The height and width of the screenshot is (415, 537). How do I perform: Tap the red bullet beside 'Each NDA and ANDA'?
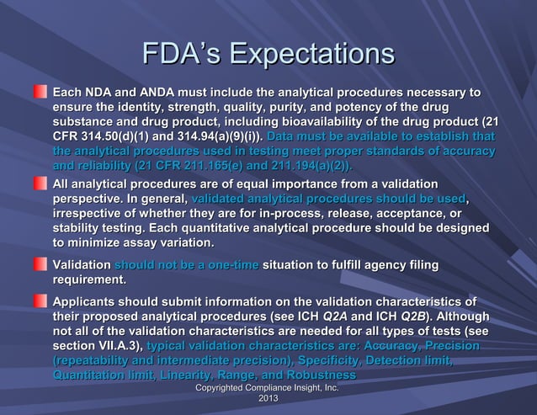(40, 91)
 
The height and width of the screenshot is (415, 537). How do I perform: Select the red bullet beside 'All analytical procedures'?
(40, 183)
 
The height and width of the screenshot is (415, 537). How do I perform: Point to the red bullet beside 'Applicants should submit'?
(40, 301)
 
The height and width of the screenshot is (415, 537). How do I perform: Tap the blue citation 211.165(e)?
(225, 165)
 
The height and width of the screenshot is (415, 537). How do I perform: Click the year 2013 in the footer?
(268, 397)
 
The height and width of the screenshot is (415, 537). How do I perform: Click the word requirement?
(89, 279)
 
